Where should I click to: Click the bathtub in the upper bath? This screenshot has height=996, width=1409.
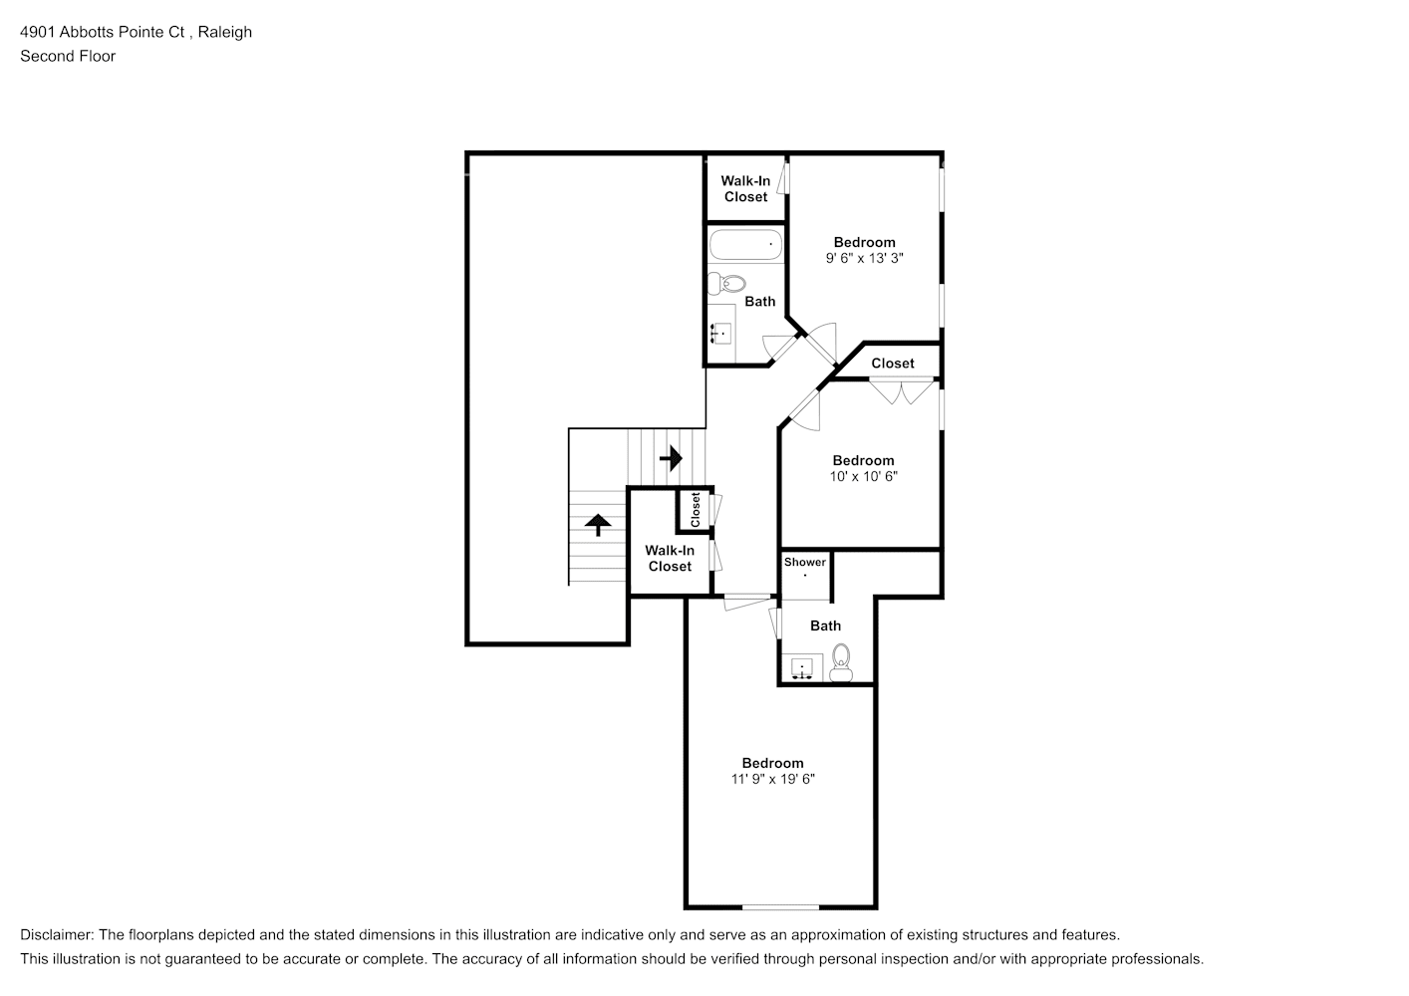745,244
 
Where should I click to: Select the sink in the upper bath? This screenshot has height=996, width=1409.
721,333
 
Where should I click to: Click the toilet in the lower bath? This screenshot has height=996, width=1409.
841,661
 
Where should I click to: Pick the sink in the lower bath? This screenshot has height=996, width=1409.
801,667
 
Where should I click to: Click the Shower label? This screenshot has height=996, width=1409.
804,562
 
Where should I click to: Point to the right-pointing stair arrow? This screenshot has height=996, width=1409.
672,458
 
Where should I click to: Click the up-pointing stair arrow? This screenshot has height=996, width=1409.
597,524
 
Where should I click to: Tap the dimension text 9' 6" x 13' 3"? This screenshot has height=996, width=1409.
864,258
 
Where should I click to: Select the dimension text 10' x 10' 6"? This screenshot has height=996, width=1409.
864,476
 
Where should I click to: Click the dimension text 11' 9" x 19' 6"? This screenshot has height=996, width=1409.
772,779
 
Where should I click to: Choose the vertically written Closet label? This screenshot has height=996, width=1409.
696,510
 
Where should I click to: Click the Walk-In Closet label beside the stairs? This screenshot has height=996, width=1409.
670,558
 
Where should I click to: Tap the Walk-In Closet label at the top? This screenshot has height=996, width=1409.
745,188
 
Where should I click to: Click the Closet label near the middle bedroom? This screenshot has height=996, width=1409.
892,364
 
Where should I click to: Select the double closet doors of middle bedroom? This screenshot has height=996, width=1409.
901,390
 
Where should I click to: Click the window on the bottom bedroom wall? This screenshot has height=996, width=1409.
780,906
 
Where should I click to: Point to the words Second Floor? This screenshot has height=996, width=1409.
68,56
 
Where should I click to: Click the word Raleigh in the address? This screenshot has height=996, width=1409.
224,32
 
